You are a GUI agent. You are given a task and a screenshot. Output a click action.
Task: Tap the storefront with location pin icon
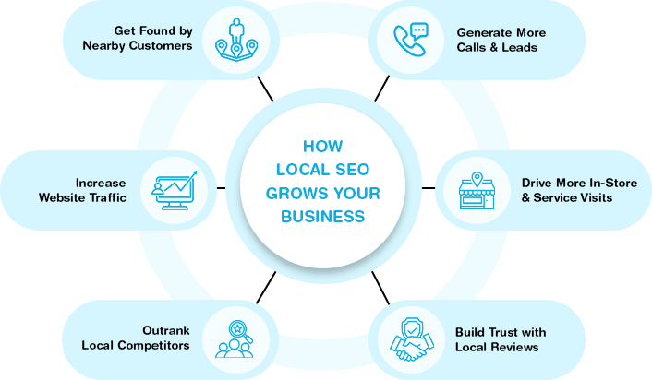point(477,190)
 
